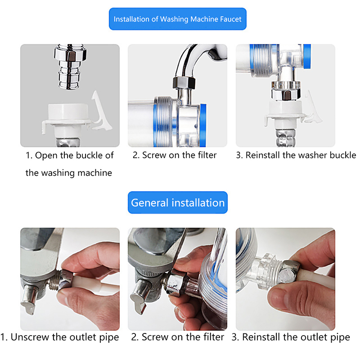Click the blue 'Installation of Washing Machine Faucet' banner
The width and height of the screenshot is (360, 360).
coord(177,19)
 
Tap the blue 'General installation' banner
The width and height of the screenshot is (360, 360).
coord(177,202)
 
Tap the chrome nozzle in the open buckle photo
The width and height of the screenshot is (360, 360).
coord(70,67)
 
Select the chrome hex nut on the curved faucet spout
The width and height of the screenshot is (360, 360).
coord(184,83)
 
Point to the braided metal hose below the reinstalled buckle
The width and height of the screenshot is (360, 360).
coord(285,138)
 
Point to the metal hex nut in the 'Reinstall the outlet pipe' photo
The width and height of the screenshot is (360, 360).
coord(288,272)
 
